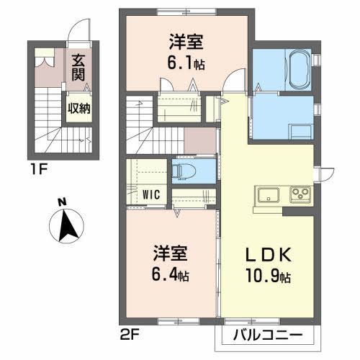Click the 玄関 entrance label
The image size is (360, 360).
coord(78,68)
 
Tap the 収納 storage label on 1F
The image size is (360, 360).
coord(79,109)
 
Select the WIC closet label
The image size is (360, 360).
coord(151,194)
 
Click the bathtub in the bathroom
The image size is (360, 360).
coord(299,69)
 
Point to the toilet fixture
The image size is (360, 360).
coord(184,171)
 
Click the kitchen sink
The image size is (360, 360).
coord(269,194)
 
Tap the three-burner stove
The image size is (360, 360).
coord(300,194)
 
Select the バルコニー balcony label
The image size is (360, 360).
coord(268,335)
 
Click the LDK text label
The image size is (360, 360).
coord(269,255)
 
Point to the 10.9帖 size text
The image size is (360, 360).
coord(268,276)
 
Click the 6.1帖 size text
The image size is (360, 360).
coord(186,63)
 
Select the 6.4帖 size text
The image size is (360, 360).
coord(170,274)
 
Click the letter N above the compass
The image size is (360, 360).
coord(63,202)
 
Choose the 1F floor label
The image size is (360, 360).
coord(39,170)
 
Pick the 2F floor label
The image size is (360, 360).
coord(129,335)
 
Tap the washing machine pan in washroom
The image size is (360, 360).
coord(301,132)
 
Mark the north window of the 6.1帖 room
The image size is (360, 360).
coord(186,12)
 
